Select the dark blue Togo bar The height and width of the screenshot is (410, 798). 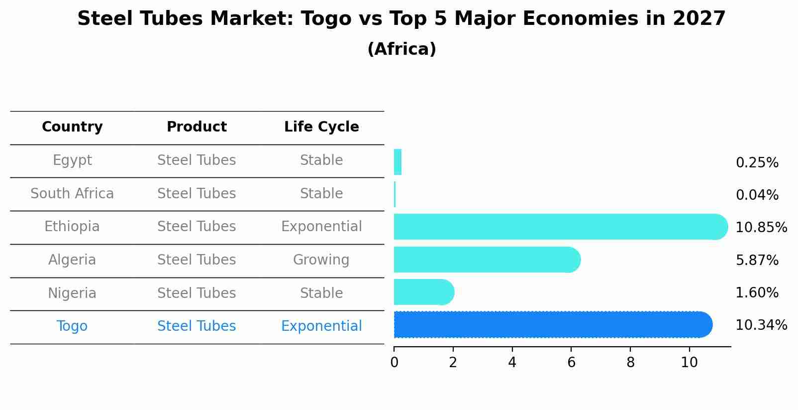(552, 325)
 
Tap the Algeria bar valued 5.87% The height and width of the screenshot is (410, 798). (487, 260)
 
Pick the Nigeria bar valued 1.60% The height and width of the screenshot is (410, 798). (423, 292)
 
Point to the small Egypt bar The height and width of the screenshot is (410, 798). (398, 162)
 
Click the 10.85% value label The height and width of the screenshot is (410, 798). (761, 228)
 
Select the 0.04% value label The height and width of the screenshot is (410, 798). (757, 195)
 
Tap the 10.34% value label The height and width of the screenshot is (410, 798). (761, 325)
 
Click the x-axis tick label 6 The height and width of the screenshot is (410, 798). (571, 363)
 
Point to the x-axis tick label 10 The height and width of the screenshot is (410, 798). (689, 363)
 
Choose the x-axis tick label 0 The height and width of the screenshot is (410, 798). (394, 363)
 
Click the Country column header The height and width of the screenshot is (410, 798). (72, 127)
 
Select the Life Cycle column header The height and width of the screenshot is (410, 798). (321, 127)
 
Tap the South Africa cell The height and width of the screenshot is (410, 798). (72, 193)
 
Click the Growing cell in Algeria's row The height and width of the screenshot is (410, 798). (321, 260)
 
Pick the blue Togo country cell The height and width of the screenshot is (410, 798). (72, 326)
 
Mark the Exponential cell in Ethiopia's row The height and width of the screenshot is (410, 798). (321, 227)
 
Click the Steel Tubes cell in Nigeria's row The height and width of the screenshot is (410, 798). (197, 293)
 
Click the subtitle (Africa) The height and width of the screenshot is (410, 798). (401, 49)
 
